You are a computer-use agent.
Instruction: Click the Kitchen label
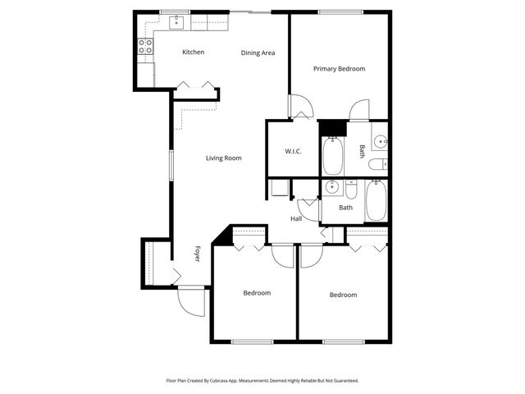193,52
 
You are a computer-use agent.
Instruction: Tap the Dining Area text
258,53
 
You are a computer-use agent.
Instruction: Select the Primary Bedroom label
339,69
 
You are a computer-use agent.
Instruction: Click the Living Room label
223,158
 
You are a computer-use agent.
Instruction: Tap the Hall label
296,218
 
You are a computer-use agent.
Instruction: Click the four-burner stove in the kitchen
146,47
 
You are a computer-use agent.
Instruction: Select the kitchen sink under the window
177,23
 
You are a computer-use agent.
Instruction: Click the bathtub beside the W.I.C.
333,156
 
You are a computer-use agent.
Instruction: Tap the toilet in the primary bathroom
377,166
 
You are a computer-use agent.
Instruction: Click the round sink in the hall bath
331,188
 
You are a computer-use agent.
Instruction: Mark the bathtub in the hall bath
376,200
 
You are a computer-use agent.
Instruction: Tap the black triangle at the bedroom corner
219,236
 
